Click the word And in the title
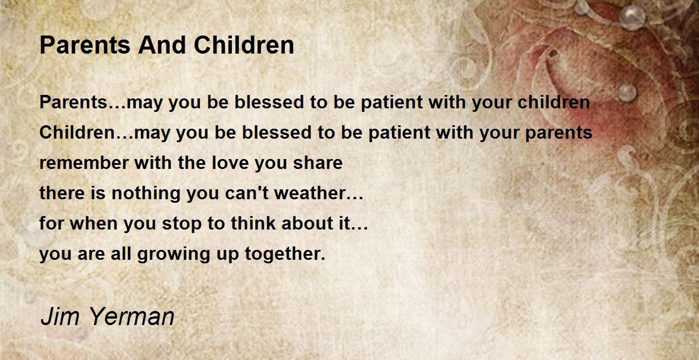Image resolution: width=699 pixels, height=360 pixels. click(162, 45)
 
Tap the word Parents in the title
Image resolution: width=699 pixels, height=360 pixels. click(85, 45)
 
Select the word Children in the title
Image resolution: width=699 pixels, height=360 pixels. click(244, 45)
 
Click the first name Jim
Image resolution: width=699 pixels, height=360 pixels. click(60, 317)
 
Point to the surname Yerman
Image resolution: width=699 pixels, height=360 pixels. click(132, 317)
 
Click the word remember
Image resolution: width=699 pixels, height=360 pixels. click(84, 163)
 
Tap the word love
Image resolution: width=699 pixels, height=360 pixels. click(230, 163)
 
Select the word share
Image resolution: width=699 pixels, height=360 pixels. click(317, 163)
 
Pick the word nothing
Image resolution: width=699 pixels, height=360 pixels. click(146, 193)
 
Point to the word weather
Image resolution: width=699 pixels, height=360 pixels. click(309, 193)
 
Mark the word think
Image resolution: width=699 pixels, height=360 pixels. click(253, 223)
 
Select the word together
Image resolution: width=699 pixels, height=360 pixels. click(283, 254)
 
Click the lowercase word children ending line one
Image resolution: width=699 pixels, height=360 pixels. click(553, 103)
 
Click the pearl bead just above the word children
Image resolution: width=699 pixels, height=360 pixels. click(627, 93)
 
